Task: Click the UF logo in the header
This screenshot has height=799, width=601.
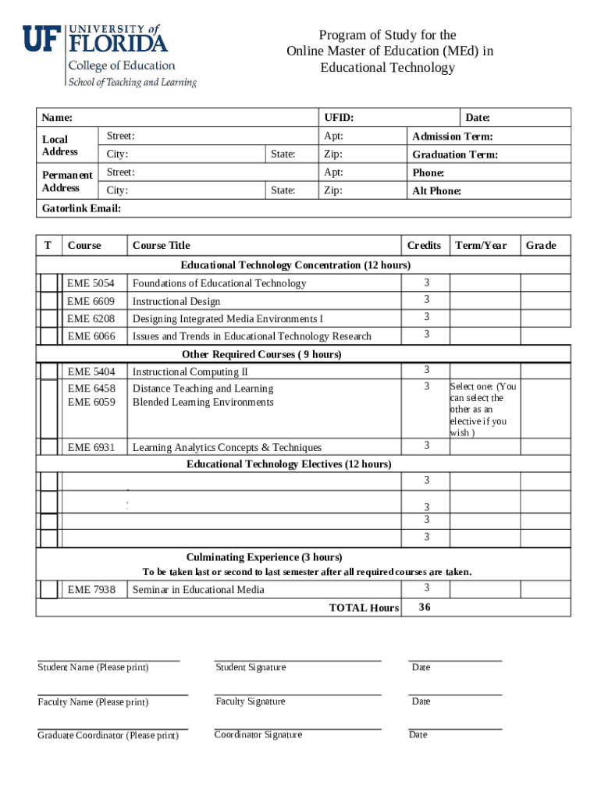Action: (41, 38)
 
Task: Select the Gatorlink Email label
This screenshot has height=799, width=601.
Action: (81, 209)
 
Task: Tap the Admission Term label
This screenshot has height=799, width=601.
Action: (452, 137)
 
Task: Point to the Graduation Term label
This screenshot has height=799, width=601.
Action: (454, 154)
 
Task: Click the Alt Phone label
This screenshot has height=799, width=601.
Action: (436, 191)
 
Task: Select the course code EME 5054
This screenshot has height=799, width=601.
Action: (91, 283)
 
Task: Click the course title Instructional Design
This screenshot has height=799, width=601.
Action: (176, 301)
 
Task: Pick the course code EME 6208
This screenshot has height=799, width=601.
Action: (91, 318)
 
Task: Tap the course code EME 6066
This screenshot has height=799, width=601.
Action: (91, 336)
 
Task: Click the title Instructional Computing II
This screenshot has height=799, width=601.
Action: (190, 372)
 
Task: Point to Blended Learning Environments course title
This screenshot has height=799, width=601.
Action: (203, 403)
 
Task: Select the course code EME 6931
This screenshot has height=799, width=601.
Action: (91, 447)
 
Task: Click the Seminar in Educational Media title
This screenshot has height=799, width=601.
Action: (198, 590)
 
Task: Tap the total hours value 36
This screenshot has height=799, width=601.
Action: (425, 607)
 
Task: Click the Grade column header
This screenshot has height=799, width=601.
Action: (540, 246)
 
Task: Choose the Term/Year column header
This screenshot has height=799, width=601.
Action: (481, 246)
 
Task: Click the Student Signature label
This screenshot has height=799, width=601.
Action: (251, 667)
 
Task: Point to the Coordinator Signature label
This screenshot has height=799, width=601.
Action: (258, 735)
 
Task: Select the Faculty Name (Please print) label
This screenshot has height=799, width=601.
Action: (93, 702)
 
